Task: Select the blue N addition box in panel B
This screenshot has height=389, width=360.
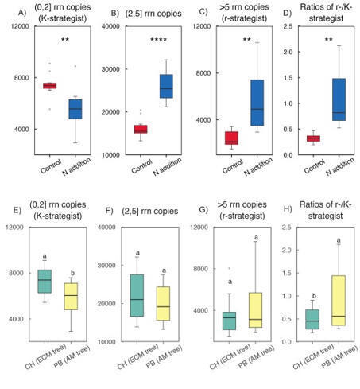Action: tap(144, 86)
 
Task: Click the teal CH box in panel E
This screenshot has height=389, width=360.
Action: tap(45, 281)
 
